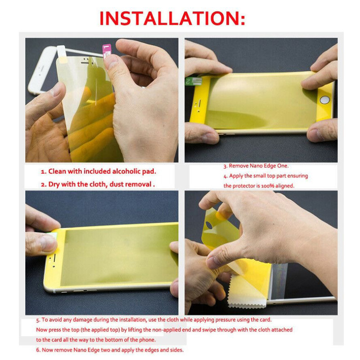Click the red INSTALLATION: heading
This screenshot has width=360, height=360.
tap(172, 18)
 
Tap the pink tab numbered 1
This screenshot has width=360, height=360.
tap(107, 51)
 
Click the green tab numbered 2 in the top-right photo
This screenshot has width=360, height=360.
tap(193, 81)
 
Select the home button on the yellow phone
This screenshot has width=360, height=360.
tap(324, 100)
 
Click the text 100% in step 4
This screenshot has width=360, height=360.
tap(268, 186)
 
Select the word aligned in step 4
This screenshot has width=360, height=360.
tap(285, 186)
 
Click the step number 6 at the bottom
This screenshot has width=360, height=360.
tap(38, 350)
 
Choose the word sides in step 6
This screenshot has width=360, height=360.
tap(177, 350)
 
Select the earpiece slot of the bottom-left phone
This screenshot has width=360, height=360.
tap(54, 258)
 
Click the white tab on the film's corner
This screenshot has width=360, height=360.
tap(62, 53)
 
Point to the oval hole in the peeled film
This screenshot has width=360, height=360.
tap(209, 225)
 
